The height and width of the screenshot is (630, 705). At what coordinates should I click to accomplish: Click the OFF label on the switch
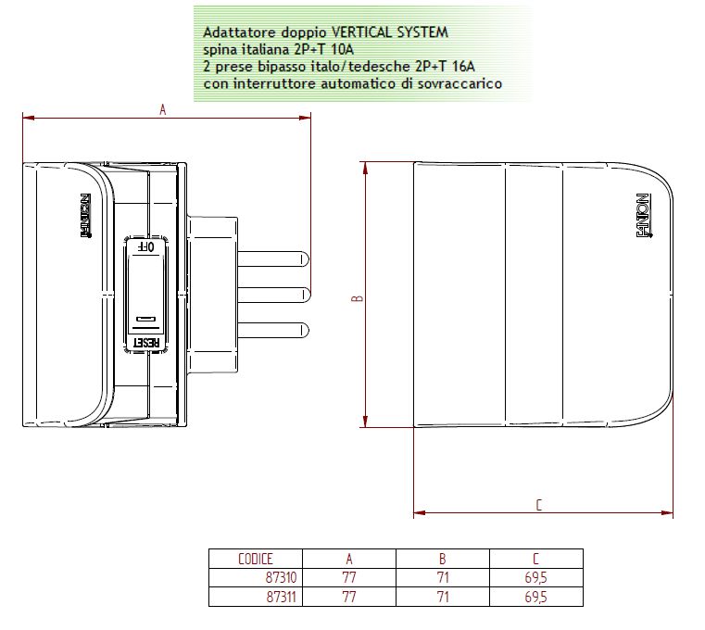coord(146,246)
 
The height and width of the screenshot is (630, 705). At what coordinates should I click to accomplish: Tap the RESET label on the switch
coord(147,343)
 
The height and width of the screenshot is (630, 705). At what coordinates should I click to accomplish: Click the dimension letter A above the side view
coord(163,109)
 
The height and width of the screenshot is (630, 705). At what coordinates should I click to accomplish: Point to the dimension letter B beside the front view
coord(357,298)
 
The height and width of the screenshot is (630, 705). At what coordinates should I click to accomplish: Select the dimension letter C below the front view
coord(538,505)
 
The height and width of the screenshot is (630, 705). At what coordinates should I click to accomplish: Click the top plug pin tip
coord(308,259)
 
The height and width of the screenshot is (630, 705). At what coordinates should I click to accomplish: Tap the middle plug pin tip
coord(309,295)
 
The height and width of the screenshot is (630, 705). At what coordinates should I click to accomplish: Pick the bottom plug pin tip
coord(308,330)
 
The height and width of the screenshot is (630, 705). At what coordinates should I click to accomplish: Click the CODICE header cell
coord(256,559)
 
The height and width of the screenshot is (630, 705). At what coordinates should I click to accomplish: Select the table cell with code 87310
coord(281,577)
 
